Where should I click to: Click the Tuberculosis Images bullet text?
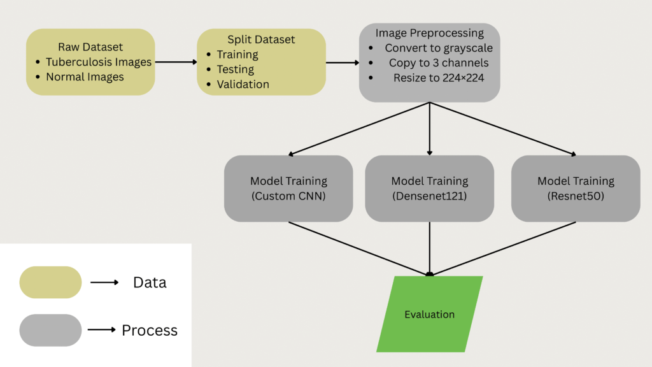(x=99, y=62)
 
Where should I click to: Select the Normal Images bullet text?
(x=85, y=77)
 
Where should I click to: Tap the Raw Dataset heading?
(x=90, y=47)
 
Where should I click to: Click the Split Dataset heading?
(x=261, y=40)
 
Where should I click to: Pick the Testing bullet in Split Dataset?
(x=235, y=69)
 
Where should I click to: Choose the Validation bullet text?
(x=243, y=84)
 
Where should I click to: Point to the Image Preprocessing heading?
(x=429, y=33)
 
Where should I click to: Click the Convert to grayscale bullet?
(x=438, y=48)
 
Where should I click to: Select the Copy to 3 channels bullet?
(x=439, y=62)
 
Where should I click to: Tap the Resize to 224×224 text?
(x=438, y=78)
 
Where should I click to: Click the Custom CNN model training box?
(x=288, y=189)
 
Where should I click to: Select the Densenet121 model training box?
(x=429, y=189)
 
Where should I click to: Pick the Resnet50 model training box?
(x=576, y=189)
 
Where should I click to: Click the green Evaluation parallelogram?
(x=430, y=314)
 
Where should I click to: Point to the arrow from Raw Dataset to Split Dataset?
(x=176, y=62)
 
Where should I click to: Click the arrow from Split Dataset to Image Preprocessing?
(x=343, y=62)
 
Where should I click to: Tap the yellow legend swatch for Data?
(x=51, y=282)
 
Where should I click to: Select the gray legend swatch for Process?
(x=51, y=330)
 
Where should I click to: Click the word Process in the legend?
(x=150, y=330)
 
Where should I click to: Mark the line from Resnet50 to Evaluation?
(x=503, y=248)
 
